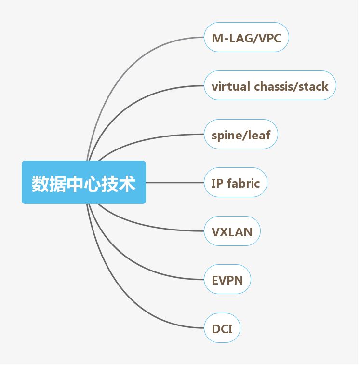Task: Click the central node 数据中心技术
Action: [83, 182]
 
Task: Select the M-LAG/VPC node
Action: [246, 37]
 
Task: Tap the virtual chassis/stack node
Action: [269, 86]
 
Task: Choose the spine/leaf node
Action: [241, 134]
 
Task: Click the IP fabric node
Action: [235, 182]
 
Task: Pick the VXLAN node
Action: [232, 231]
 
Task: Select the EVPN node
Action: [227, 279]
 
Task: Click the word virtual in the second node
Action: [231, 86]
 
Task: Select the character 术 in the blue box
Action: [127, 183]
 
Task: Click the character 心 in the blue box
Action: [93, 183]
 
